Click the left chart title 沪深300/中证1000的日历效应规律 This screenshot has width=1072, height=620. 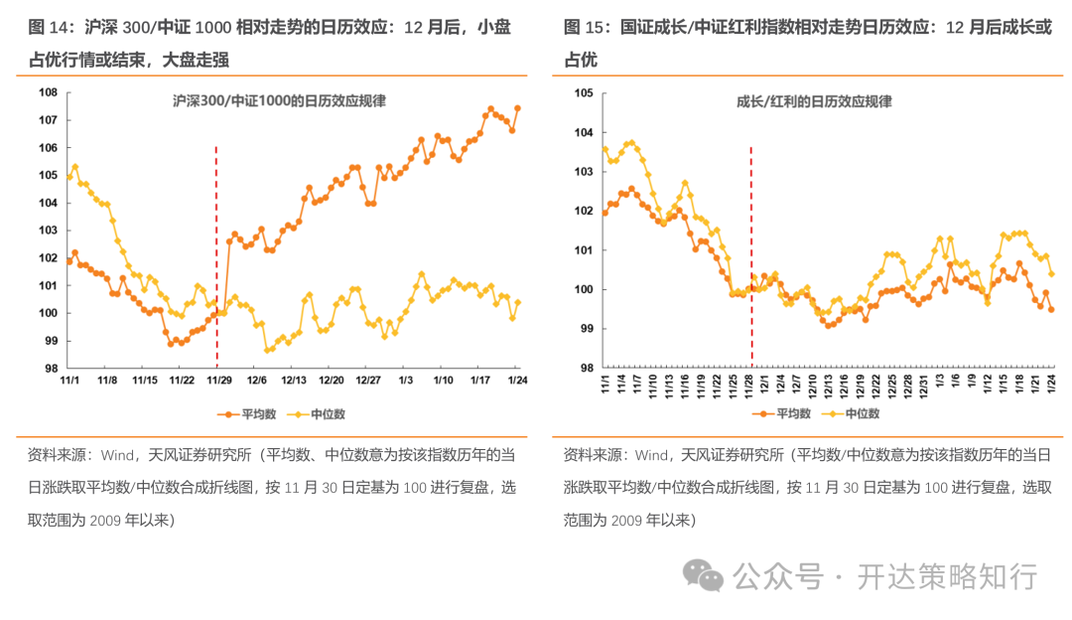coord(279,101)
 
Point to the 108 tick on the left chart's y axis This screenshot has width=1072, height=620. coord(47,92)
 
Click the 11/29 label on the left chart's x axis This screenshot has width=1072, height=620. coord(217,381)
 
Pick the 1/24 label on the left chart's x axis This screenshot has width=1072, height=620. coord(515,381)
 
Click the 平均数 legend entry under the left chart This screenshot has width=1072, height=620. coord(247,413)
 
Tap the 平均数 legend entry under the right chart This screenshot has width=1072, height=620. coord(783,413)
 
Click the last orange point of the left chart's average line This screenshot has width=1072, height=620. coord(517,108)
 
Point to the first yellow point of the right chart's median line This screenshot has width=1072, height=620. coord(604,149)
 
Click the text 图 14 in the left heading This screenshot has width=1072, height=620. coord(48,27)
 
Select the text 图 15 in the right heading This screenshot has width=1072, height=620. coord(583,27)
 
